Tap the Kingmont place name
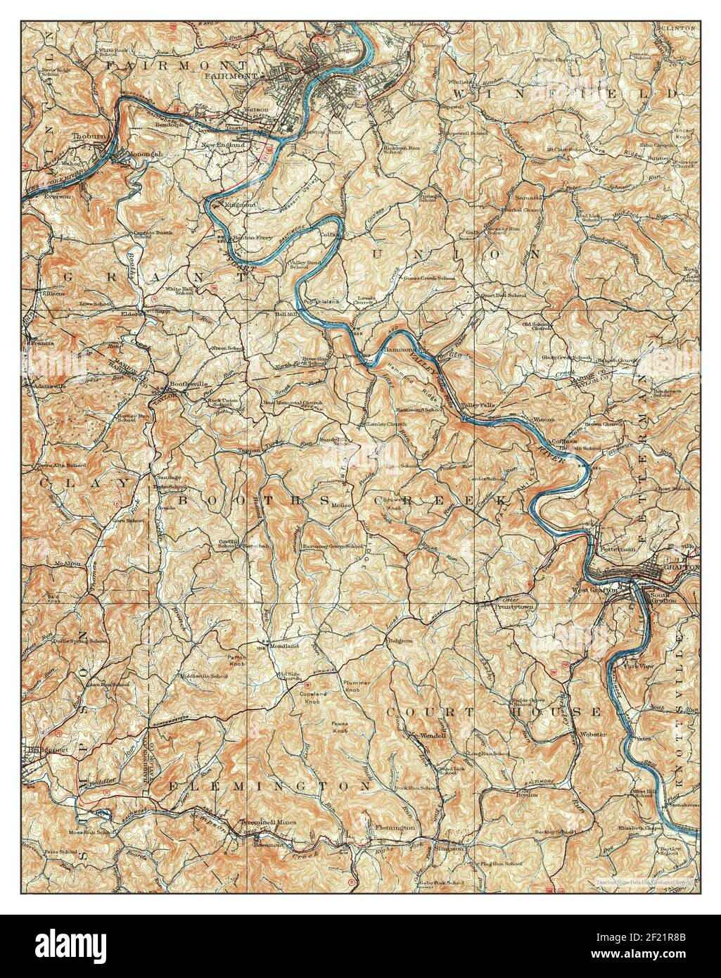[x=240, y=205]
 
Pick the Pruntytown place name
[x=513, y=605]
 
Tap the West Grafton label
[x=594, y=590]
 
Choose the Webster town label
[x=589, y=734]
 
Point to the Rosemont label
[x=267, y=844]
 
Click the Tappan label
[x=249, y=450]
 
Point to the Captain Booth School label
[x=153, y=235]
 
